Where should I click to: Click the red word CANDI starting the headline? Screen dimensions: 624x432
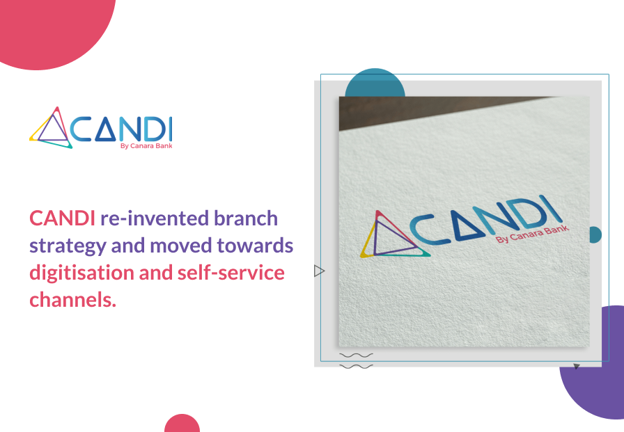tap(62, 218)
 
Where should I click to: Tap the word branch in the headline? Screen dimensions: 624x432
tap(246, 218)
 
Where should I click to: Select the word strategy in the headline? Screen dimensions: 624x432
tap(68, 246)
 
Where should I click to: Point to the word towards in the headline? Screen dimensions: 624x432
tap(255, 246)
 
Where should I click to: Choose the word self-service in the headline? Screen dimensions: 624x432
tap(231, 273)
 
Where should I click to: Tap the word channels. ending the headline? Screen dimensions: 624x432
tap(73, 300)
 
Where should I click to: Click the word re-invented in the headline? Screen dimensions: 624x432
tap(155, 218)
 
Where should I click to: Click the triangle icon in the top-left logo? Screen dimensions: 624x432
tap(51, 127)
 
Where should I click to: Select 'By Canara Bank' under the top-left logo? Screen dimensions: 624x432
tap(146, 146)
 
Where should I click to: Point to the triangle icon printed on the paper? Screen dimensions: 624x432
tap(394, 235)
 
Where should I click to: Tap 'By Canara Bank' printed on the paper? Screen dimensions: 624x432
tap(533, 234)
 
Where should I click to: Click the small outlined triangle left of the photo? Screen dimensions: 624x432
tap(319, 271)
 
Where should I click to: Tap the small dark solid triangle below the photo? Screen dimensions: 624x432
tap(576, 366)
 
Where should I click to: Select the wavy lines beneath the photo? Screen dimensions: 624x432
tap(356, 361)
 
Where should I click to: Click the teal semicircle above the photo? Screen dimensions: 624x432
tap(375, 83)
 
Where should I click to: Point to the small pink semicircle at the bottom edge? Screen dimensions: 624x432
tap(182, 423)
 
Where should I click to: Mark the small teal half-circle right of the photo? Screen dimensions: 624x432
tap(595, 234)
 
